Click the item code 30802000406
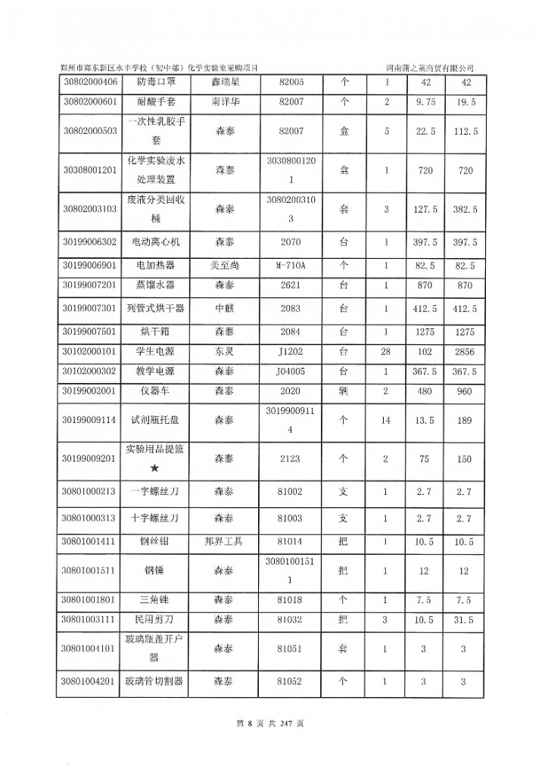[x=89, y=82]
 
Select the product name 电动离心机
[x=156, y=242]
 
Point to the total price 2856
[x=464, y=352]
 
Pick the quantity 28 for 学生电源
[x=386, y=352]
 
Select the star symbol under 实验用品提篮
[x=155, y=469]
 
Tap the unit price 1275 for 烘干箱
[x=425, y=331]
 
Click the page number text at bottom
[x=270, y=724]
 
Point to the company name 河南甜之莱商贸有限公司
[x=434, y=68]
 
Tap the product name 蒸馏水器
[x=156, y=286]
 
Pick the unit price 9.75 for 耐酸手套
[x=425, y=101]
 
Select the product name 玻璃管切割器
[x=156, y=681]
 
